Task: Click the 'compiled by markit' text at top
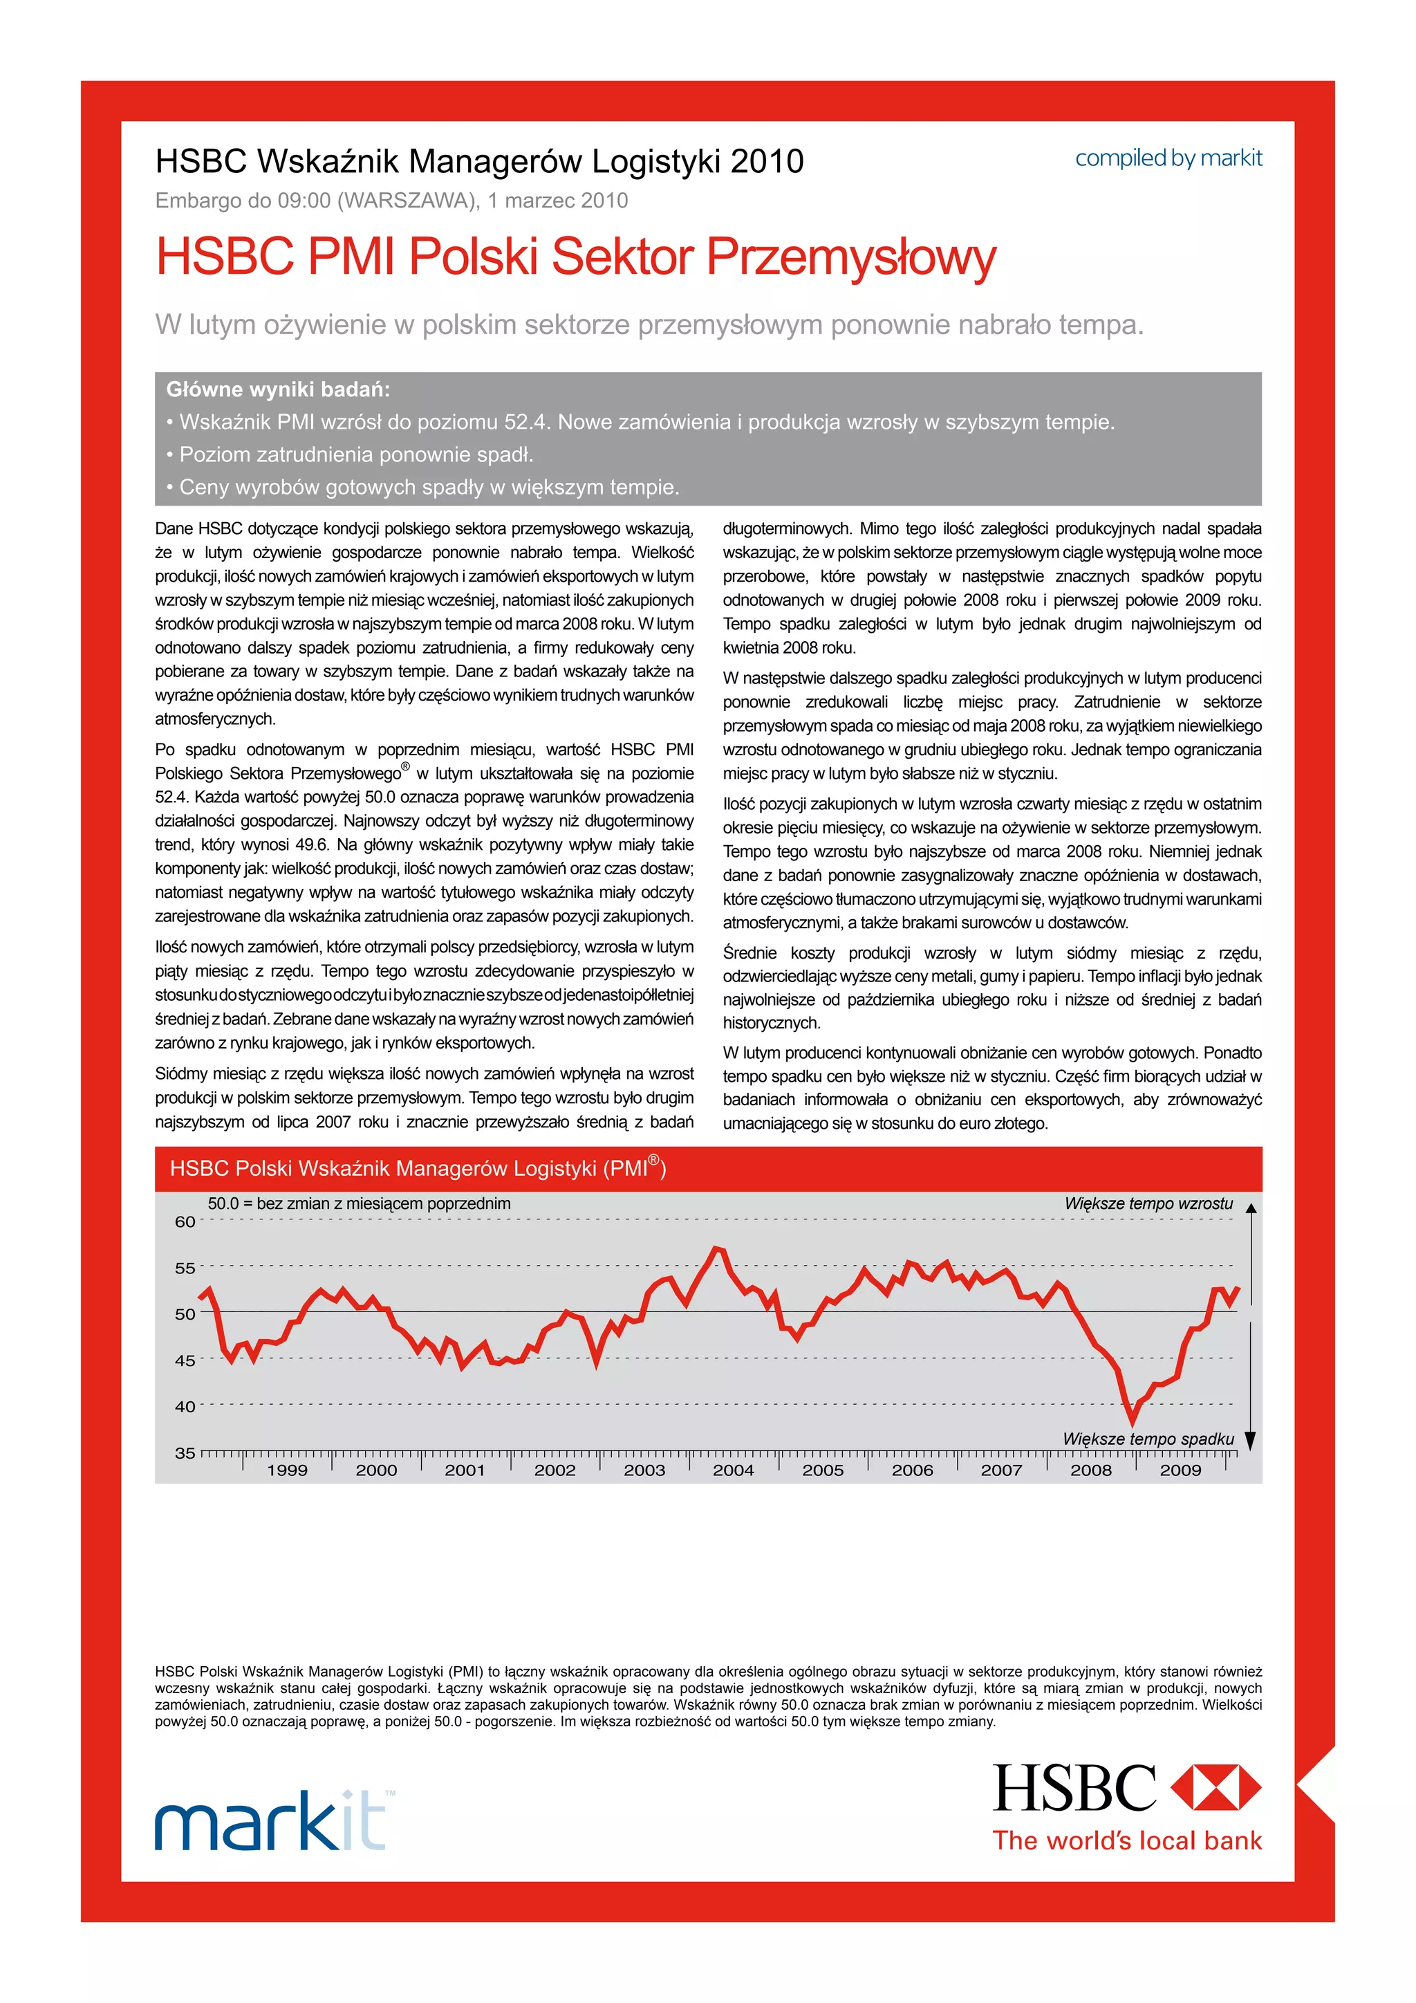point(1168,159)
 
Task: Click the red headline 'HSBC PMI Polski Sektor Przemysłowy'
point(575,257)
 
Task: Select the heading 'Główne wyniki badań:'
point(278,389)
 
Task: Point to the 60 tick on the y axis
point(185,1221)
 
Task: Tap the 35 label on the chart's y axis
point(185,1452)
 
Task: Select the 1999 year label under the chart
point(287,1470)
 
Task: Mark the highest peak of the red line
point(718,1248)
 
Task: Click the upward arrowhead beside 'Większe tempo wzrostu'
point(1250,1209)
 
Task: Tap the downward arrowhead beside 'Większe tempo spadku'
point(1249,1441)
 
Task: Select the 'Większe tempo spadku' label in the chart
point(1148,1439)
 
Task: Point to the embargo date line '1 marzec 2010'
point(558,201)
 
